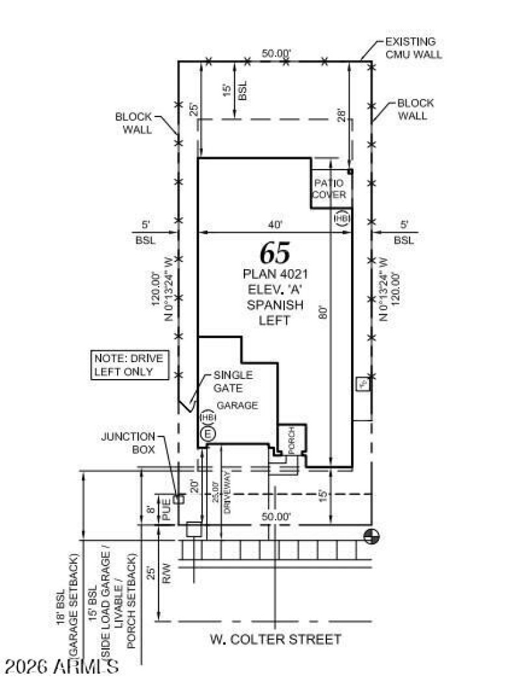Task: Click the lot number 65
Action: click(x=275, y=252)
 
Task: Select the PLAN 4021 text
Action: click(x=275, y=274)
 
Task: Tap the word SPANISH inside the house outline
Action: click(x=275, y=305)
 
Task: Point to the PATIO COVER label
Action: click(x=330, y=189)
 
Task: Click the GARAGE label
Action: click(x=237, y=405)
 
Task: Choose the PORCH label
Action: click(x=292, y=440)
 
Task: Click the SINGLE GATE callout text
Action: click(x=233, y=382)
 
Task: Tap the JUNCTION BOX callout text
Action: click(x=128, y=443)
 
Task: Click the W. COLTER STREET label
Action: click(x=276, y=639)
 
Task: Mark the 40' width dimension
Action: click(x=275, y=224)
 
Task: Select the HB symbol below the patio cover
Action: click(x=342, y=218)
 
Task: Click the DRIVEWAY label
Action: click(x=227, y=497)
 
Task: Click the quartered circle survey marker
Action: click(x=372, y=536)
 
